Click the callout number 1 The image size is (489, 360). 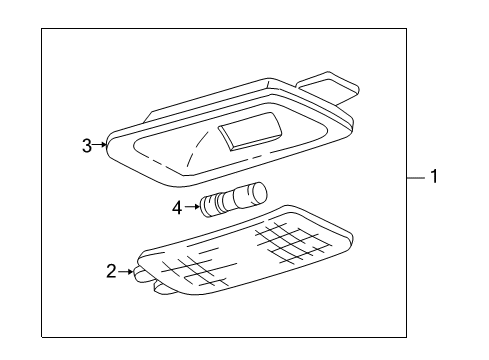click(x=434, y=176)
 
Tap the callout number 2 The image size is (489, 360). click(x=111, y=271)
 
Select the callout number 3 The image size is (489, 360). click(x=87, y=146)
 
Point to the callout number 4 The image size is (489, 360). click(x=177, y=208)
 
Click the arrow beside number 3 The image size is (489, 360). click(x=99, y=145)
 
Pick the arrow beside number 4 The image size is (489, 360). click(x=192, y=207)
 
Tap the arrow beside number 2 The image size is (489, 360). click(x=125, y=272)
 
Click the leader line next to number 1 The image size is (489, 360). click(x=416, y=178)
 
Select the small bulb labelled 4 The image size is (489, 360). click(x=234, y=199)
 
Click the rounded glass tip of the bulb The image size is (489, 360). click(x=257, y=192)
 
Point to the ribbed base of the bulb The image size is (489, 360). click(x=212, y=206)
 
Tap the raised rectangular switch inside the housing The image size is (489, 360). click(x=250, y=130)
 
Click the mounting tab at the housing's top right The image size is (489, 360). click(x=328, y=87)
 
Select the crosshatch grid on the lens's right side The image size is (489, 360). click(x=292, y=241)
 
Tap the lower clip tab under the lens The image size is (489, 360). click(x=164, y=288)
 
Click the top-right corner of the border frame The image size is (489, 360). click(x=406, y=29)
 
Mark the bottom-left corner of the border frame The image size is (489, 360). click(x=42, y=337)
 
